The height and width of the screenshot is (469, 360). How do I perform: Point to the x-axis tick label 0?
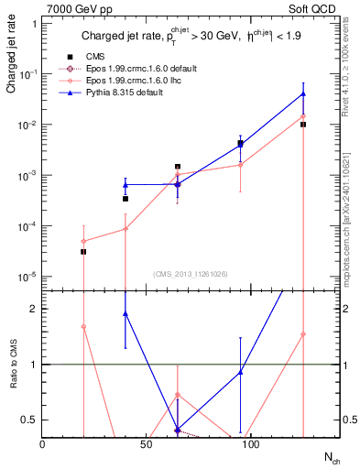[x=42, y=443]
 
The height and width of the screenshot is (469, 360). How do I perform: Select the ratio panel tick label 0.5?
[x=29, y=420]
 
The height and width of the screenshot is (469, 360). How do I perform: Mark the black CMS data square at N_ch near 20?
[x=83, y=251]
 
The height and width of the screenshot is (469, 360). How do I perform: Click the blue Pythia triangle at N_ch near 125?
[x=303, y=94]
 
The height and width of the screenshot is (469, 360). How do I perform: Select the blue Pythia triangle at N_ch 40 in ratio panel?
[x=125, y=313]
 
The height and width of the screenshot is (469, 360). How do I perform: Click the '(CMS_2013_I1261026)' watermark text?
[x=190, y=273]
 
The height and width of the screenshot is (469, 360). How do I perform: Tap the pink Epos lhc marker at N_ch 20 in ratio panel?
[x=83, y=326]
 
